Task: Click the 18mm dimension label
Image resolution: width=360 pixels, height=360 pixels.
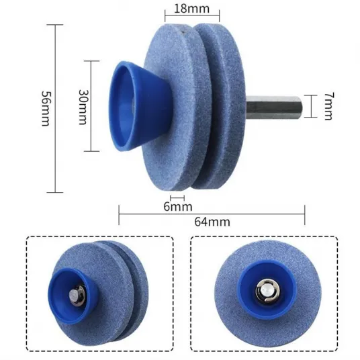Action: coord(192,9)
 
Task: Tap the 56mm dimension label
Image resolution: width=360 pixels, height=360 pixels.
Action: coord(46,109)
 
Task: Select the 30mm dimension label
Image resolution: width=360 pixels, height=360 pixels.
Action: coord(83,107)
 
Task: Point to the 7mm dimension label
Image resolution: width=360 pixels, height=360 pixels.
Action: coord(329,106)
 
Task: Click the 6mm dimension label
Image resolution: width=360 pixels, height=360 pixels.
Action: coord(178,206)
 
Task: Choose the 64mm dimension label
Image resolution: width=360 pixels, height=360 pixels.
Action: coord(212,222)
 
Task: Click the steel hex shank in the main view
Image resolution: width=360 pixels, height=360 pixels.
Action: coord(274,107)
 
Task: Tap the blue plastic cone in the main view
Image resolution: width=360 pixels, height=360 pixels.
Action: coord(140,106)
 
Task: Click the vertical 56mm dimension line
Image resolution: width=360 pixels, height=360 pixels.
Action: coord(55,108)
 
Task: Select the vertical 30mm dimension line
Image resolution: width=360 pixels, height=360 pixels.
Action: coord(91,106)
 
